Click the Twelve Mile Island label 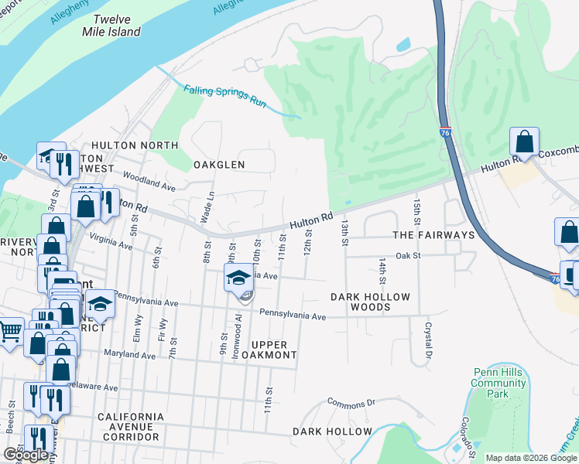coord(111,26)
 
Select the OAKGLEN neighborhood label coord(218,165)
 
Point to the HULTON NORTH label coord(135,145)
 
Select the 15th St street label coord(417,208)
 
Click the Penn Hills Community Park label coord(498,383)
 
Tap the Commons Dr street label coord(351,402)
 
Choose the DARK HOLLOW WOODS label coord(360,302)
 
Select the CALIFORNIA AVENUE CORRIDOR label coord(131,427)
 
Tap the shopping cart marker coord(9,332)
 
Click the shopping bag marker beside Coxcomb coord(525,142)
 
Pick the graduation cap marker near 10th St coord(238,278)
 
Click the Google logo coord(26,455)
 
